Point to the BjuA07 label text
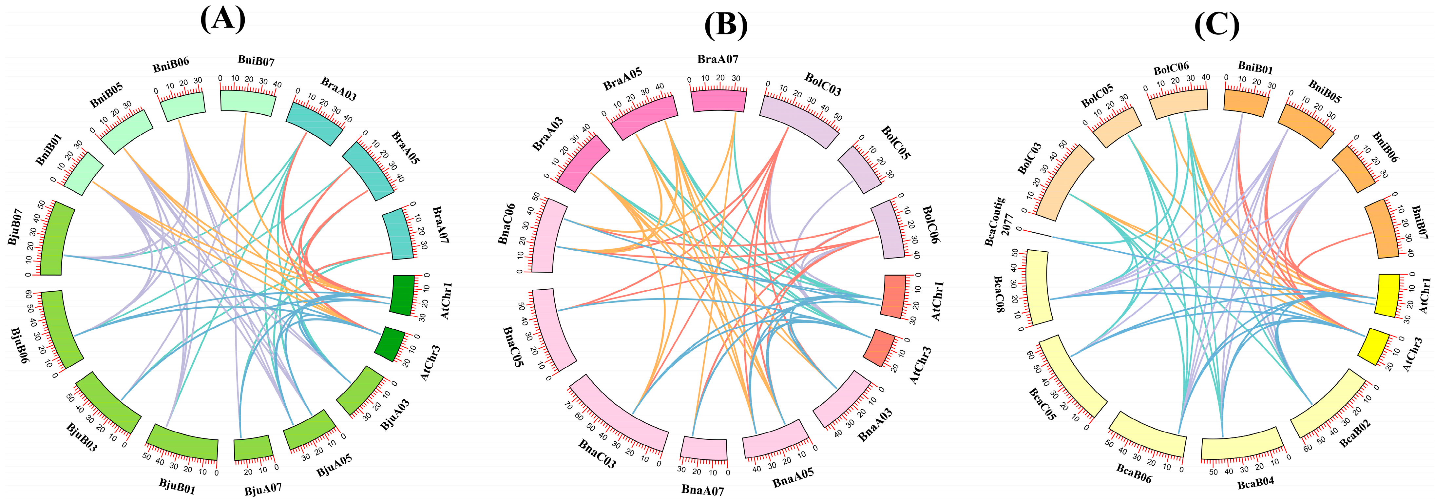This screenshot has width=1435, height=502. [x=263, y=490]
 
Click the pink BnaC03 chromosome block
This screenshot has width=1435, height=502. [x=618, y=412]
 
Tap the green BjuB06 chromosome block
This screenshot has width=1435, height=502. [x=61, y=329]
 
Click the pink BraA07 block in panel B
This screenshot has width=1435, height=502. [x=718, y=100]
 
